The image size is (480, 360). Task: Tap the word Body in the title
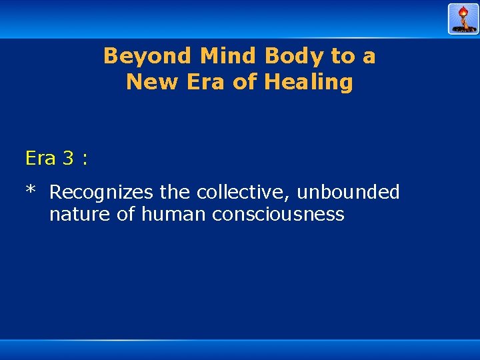[291, 56]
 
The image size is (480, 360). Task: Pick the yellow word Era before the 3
[41, 158]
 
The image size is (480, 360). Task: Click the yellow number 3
[68, 158]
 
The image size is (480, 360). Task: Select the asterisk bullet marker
[30, 191]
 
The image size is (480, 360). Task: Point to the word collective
[244, 193]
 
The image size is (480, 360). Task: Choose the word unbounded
[348, 193]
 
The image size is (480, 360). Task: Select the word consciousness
[278, 215]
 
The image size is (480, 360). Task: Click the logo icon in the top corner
[463, 19]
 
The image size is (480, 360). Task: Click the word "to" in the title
[343, 56]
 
